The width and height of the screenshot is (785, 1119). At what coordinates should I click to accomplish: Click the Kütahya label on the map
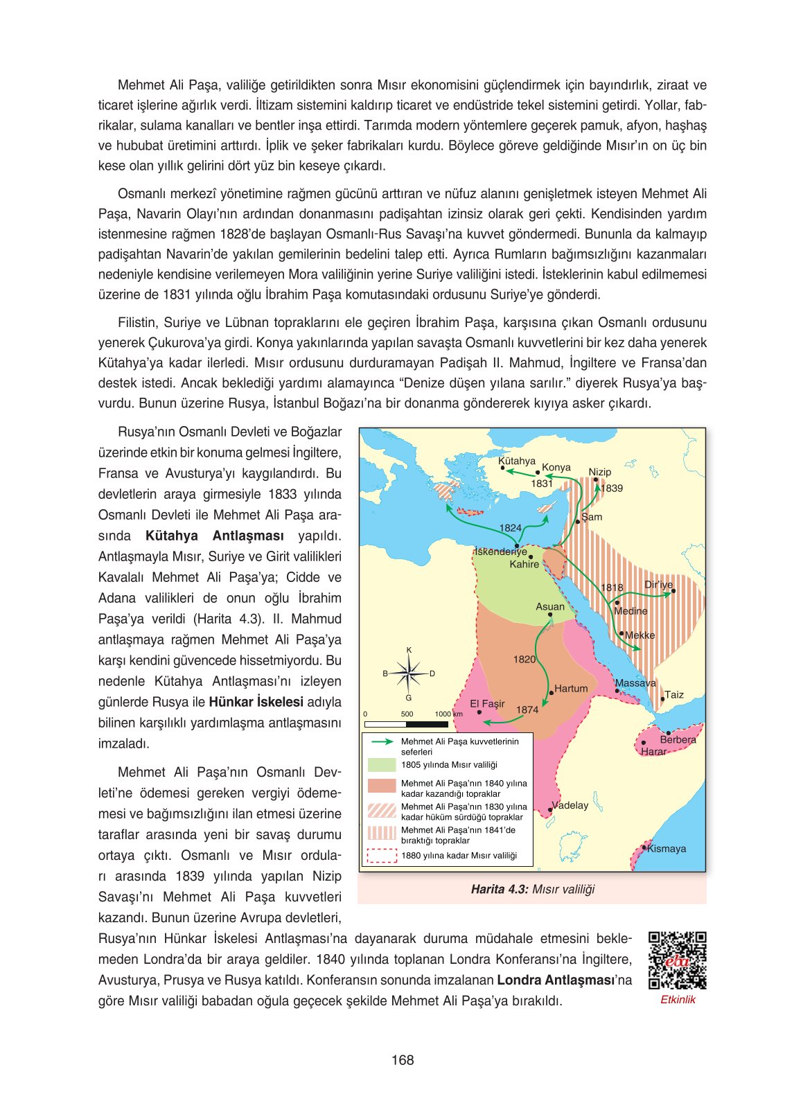(x=516, y=461)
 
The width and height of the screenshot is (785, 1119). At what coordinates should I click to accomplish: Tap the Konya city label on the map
(x=556, y=467)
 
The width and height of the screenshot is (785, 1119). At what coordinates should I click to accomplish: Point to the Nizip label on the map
(x=599, y=472)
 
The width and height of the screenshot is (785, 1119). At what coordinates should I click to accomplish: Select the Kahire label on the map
(x=524, y=564)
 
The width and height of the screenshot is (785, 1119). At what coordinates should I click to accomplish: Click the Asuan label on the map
(x=549, y=606)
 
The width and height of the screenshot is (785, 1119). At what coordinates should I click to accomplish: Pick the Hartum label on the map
(x=570, y=688)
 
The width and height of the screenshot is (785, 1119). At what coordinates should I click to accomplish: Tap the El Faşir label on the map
(x=487, y=703)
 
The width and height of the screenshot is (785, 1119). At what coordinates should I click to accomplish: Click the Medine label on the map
(x=630, y=611)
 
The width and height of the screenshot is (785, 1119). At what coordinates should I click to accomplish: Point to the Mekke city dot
(x=622, y=634)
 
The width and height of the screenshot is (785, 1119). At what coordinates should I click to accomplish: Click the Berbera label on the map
(x=678, y=739)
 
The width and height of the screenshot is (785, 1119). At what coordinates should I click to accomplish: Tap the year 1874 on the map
(x=527, y=710)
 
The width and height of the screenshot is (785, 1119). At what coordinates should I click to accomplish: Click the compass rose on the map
(x=409, y=673)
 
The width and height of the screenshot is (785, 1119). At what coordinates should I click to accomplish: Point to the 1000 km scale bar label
(x=448, y=714)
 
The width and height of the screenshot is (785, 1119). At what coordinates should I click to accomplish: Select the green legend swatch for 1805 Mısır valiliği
(x=381, y=765)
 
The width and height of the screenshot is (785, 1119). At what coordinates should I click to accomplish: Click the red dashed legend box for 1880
(x=381, y=856)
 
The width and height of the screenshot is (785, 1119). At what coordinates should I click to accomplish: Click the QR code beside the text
(x=677, y=960)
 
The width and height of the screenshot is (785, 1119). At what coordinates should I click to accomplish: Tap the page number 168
(x=402, y=1060)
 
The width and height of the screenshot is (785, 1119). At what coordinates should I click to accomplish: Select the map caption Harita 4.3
(x=532, y=889)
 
